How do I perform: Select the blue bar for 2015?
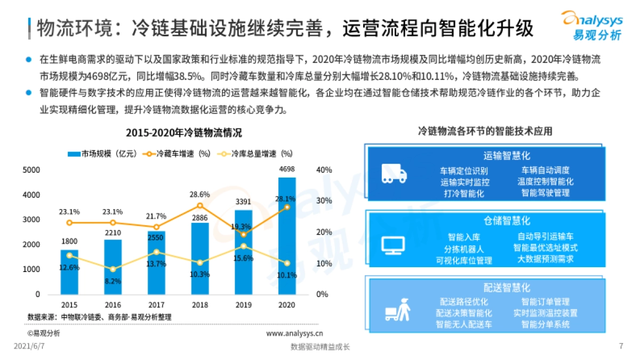pyautogui.click(x=69, y=272)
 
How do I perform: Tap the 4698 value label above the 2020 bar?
pyautogui.click(x=287, y=170)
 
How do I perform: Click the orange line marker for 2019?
pyautogui.click(x=244, y=235)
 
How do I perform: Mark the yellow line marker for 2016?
pyautogui.click(x=113, y=269)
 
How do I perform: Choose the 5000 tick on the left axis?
pyautogui.click(x=31, y=170)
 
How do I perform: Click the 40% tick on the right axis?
pyautogui.click(x=324, y=170)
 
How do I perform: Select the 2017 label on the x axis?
pyautogui.click(x=156, y=306)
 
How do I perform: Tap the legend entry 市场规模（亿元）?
pyautogui.click(x=103, y=154)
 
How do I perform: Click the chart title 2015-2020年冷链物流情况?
pyautogui.click(x=183, y=133)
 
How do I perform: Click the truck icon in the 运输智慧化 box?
pyautogui.click(x=394, y=174)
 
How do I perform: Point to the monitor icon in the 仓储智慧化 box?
pyautogui.click(x=394, y=244)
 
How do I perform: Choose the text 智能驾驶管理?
pyautogui.click(x=545, y=193)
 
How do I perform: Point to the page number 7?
pyautogui.click(x=621, y=346)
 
